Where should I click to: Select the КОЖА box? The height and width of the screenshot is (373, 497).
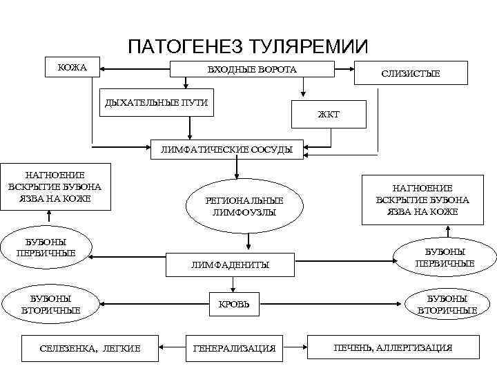coord(72,67)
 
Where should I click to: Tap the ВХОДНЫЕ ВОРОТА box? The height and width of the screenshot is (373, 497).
coord(252,69)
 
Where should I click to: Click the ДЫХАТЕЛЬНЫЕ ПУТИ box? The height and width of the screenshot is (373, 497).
coord(155,103)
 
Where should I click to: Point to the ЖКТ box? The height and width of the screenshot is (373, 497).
coord(329,114)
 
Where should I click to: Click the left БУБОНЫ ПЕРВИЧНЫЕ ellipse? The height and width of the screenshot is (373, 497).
coord(46,247)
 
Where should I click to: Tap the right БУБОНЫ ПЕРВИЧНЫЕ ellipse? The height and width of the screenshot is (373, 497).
coord(444,257)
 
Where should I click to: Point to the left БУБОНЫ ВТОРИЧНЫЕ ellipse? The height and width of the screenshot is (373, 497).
coord(52,304)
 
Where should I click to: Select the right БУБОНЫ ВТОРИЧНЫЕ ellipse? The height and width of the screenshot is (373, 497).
coord(447,304)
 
